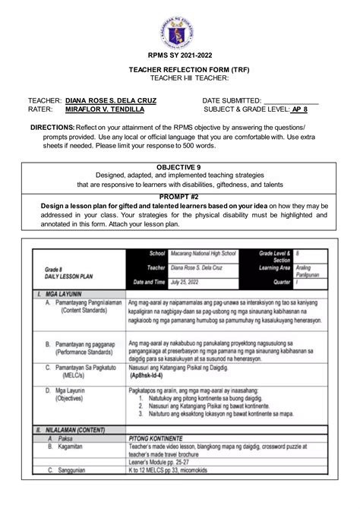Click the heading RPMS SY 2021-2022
[179, 76]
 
